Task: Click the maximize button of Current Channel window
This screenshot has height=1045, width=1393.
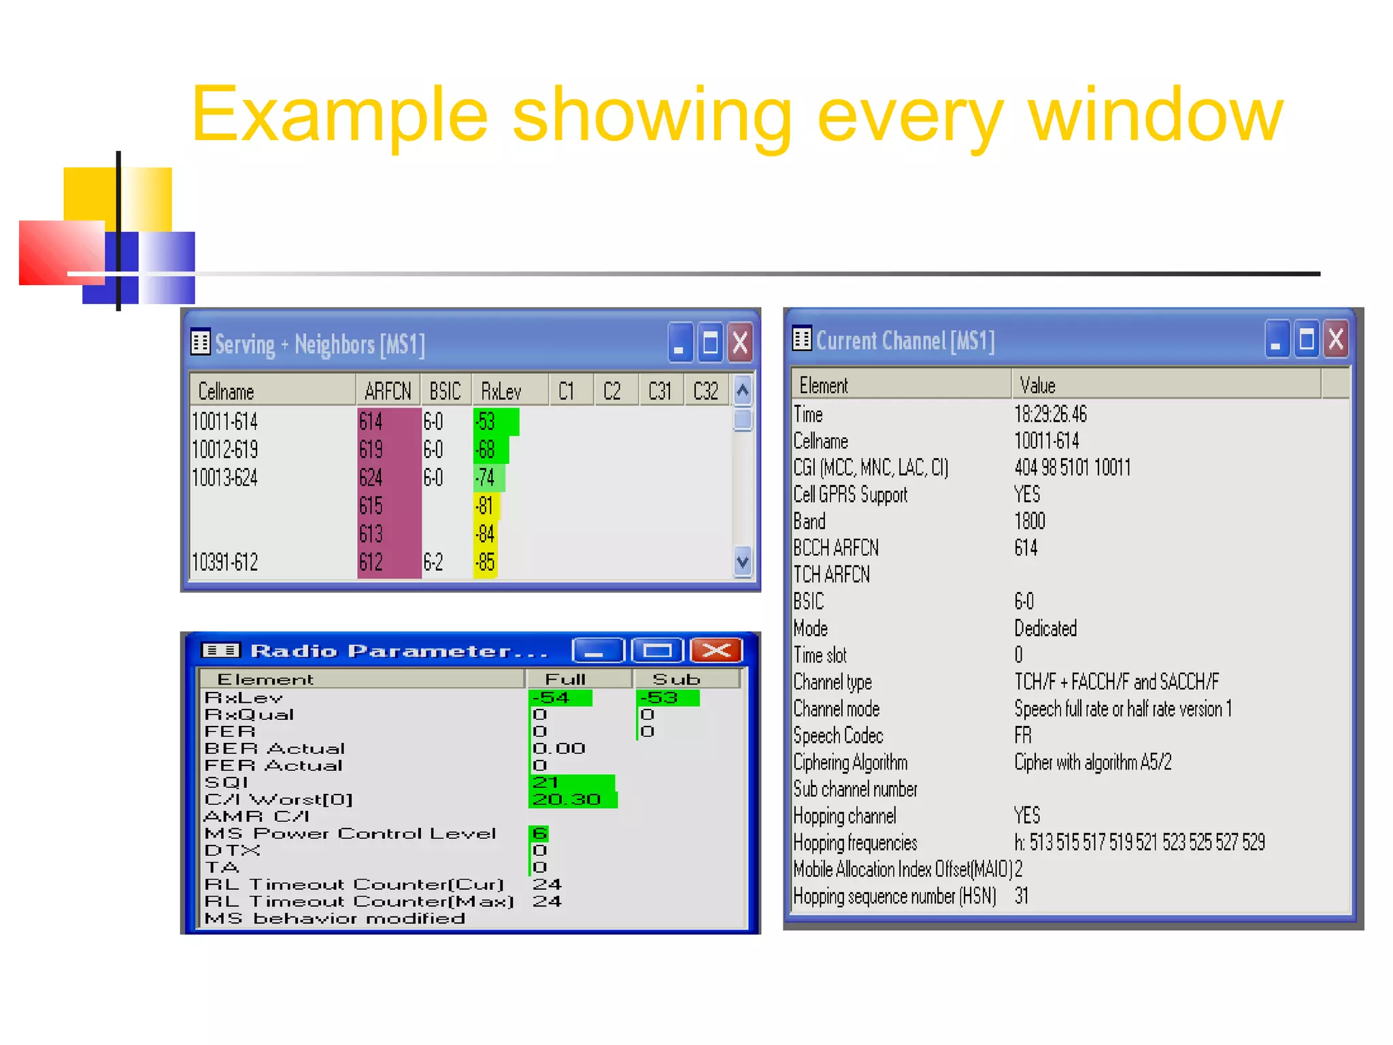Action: click(1306, 339)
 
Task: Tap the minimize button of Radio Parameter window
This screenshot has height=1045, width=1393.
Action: click(597, 650)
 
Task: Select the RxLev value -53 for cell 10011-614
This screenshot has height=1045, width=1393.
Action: click(486, 422)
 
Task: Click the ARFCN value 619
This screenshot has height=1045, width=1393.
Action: click(371, 450)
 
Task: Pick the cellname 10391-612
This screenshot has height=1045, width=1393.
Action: click(225, 563)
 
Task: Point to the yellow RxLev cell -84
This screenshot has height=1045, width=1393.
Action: click(486, 534)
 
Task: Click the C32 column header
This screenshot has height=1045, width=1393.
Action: click(705, 391)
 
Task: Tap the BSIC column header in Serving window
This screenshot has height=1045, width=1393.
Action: click(445, 391)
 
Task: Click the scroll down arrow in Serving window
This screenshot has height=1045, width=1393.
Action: click(743, 562)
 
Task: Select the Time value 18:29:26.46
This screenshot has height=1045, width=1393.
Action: click(1050, 414)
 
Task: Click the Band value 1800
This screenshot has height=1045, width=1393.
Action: click(1030, 521)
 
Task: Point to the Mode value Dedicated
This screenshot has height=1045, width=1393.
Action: click(1045, 628)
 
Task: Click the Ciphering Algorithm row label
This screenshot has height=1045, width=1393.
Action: click(850, 763)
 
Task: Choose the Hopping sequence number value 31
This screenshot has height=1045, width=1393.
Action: click(1022, 896)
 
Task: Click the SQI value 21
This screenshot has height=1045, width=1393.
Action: click(546, 782)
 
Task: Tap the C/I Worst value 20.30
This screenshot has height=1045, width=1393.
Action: click(567, 799)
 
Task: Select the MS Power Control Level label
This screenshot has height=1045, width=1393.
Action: click(350, 833)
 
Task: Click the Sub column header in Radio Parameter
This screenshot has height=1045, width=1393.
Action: click(676, 679)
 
